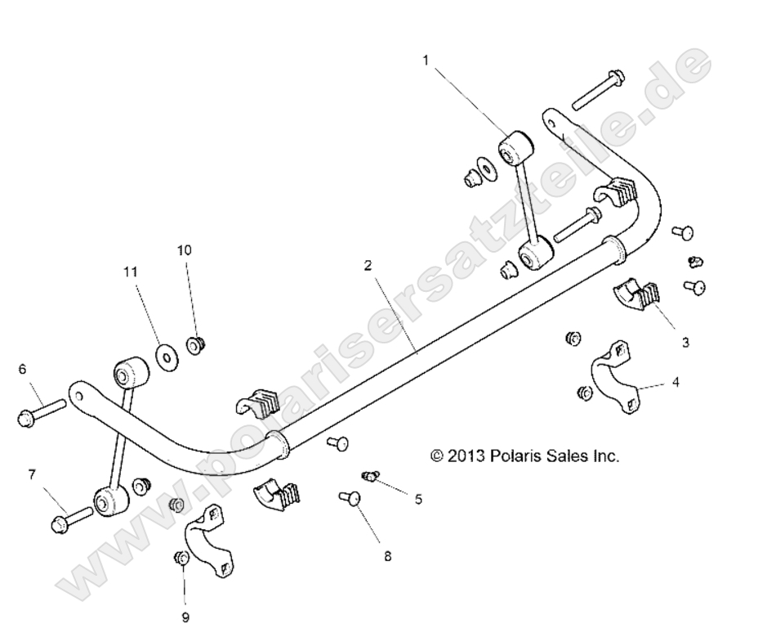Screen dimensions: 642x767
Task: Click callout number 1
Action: click(x=426, y=60)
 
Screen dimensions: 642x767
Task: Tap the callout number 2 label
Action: click(x=368, y=265)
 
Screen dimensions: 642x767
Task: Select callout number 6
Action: click(x=22, y=369)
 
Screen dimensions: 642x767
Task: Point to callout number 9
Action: click(x=185, y=617)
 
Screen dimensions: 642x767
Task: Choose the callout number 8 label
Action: click(x=387, y=556)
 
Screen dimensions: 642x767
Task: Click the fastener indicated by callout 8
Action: click(x=350, y=496)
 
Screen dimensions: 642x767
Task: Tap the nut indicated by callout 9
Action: click(x=182, y=559)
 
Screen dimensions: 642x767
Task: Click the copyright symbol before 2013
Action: click(x=437, y=456)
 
